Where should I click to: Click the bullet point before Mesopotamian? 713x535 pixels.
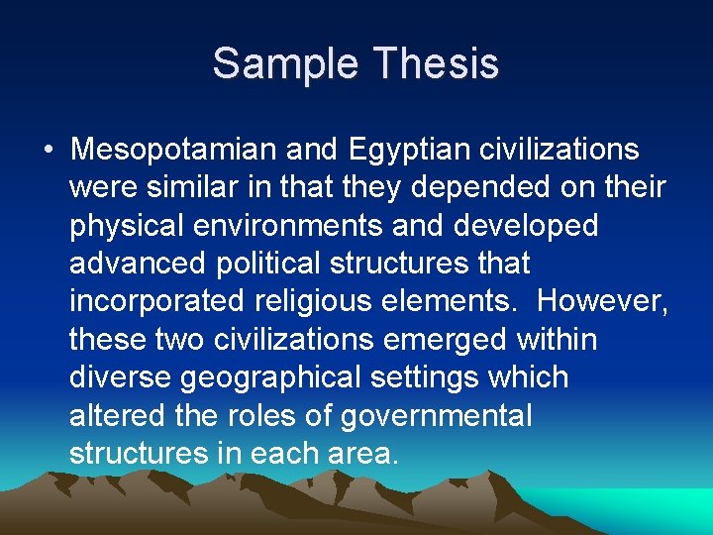49,151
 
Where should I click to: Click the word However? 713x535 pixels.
607,301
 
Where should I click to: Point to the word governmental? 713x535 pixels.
436,414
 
